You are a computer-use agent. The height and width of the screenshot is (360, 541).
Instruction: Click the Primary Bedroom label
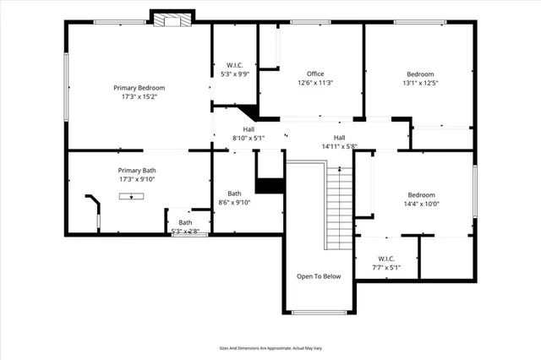point(139,88)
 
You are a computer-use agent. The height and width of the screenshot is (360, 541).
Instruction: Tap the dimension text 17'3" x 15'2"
point(139,97)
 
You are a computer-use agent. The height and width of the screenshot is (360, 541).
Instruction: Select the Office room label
point(315,74)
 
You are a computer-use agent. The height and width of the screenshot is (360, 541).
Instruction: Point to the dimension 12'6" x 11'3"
point(315,83)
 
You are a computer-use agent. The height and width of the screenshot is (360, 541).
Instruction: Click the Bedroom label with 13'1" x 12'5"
point(419,74)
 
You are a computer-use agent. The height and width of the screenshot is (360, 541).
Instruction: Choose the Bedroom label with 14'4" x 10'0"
point(421,194)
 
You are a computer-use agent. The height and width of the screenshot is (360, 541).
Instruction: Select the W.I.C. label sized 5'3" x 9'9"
point(234,65)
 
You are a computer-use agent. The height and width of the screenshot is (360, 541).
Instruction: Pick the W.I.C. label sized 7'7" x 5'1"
point(386,259)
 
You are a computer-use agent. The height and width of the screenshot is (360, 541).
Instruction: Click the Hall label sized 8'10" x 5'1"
point(249,129)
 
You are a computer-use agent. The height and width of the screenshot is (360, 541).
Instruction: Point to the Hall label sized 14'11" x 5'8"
point(339,138)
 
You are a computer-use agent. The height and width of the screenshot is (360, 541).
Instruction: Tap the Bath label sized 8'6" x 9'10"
point(234,193)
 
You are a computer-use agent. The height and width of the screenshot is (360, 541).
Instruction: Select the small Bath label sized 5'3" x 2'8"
point(185,222)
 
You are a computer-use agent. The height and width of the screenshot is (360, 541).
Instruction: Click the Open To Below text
point(318,276)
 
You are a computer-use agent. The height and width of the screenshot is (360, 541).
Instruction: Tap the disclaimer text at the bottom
point(270,347)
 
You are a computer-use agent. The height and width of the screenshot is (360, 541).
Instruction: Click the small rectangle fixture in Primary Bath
point(130,196)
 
